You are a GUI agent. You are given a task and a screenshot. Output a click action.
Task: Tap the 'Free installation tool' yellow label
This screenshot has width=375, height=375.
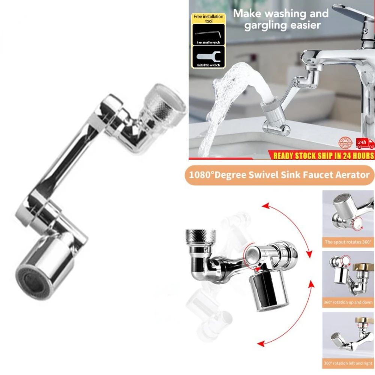pyautogui.click(x=208, y=19)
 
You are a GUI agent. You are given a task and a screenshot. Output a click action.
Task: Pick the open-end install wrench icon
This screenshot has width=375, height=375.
pyautogui.click(x=208, y=57)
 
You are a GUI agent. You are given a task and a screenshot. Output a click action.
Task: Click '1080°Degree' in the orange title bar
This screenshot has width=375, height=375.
pyautogui.click(x=215, y=175)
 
